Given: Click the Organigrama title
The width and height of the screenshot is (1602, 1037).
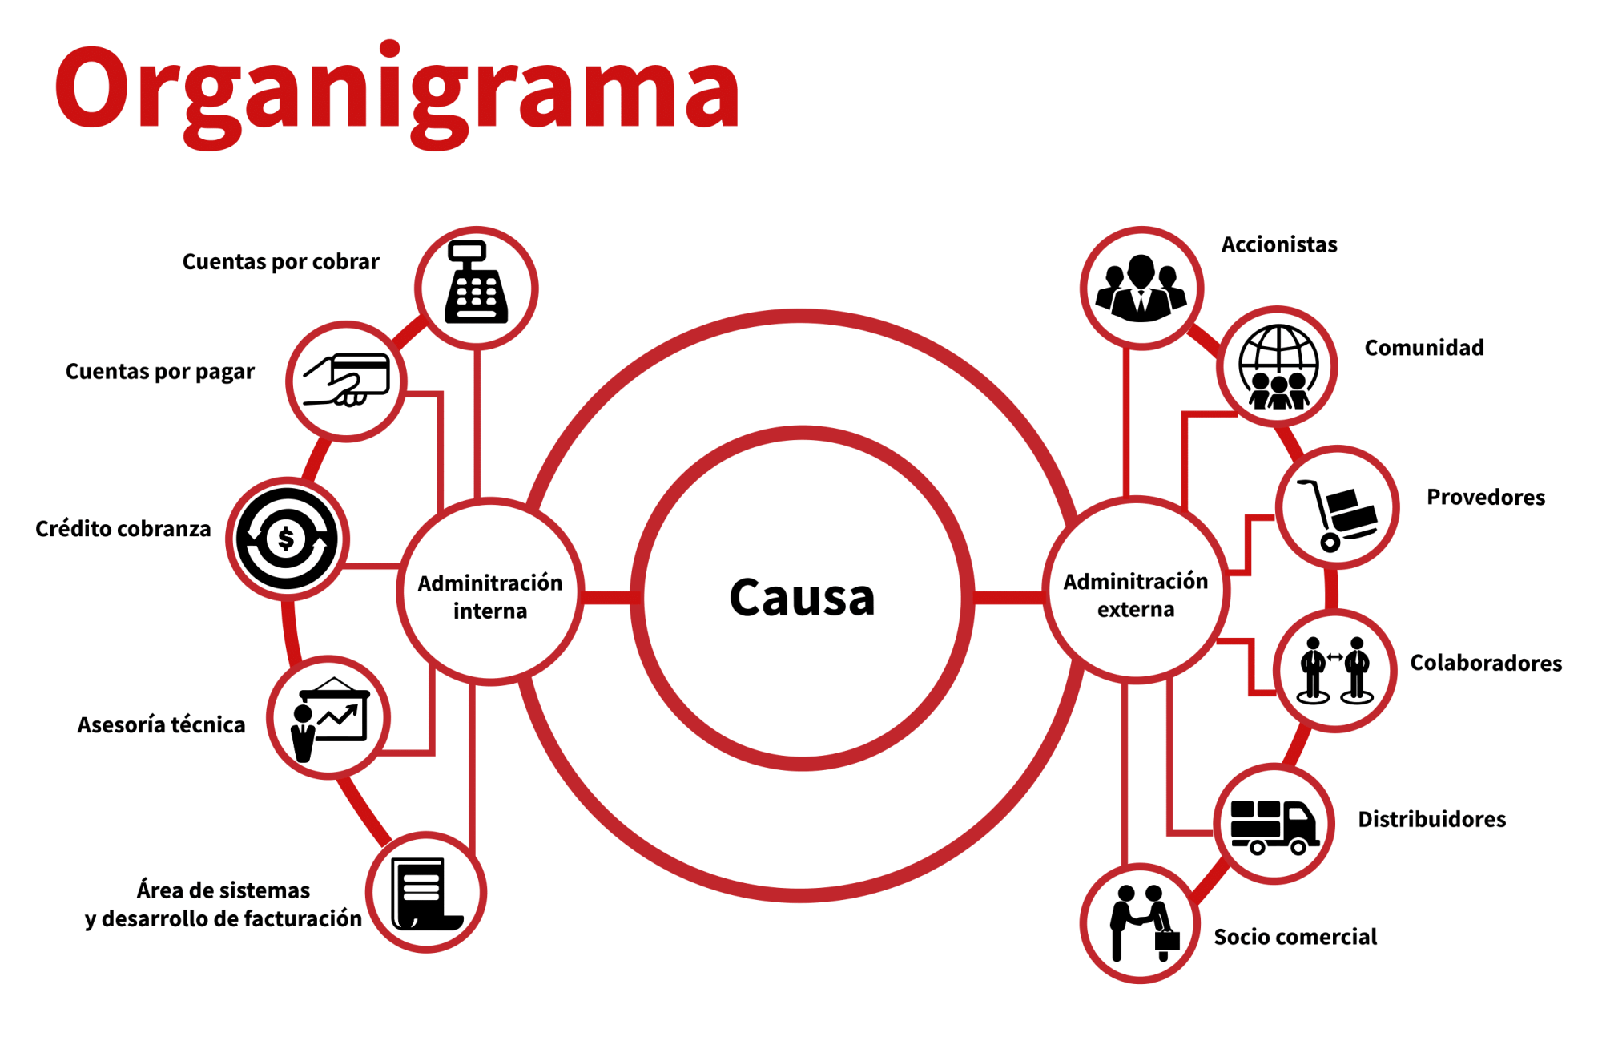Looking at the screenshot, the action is [x=397, y=92].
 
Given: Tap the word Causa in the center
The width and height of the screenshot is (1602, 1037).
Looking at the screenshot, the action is [x=802, y=598].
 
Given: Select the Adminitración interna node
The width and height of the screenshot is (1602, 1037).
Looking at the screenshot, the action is [x=490, y=591].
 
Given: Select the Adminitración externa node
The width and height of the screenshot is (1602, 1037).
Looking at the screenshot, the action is [x=1136, y=590].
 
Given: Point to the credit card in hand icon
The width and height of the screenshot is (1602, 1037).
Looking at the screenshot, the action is [x=346, y=380].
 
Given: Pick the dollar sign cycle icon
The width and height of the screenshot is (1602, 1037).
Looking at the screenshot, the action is [x=287, y=539].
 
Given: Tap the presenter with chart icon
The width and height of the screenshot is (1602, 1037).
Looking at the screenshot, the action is [x=329, y=719].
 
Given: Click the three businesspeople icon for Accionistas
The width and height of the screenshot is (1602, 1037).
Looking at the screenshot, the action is [x=1141, y=289].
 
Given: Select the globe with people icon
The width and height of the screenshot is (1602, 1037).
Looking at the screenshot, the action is [x=1278, y=367].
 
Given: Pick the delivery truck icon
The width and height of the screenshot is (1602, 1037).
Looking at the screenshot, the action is [x=1274, y=826].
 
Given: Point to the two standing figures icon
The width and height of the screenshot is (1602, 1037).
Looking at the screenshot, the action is [x=1334, y=670].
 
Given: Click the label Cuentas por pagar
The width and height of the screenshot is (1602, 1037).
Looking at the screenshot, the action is [x=160, y=373].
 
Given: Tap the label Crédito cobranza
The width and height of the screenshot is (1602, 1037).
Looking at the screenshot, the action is [x=123, y=529].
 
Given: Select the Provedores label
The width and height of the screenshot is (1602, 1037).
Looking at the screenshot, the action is [x=1486, y=498].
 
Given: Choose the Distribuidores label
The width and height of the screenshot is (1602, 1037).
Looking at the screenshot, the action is [x=1432, y=819].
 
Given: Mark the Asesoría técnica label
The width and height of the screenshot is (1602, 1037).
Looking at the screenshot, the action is [x=161, y=724].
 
